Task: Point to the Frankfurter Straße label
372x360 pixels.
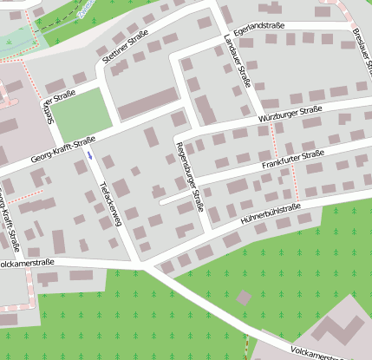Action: (x=293, y=159)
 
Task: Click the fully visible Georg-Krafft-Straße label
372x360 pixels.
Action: (x=62, y=146)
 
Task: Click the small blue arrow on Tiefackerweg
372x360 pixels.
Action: (x=89, y=155)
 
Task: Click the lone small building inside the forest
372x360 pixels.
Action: (x=244, y=298)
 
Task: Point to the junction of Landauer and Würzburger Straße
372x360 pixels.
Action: (x=258, y=121)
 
